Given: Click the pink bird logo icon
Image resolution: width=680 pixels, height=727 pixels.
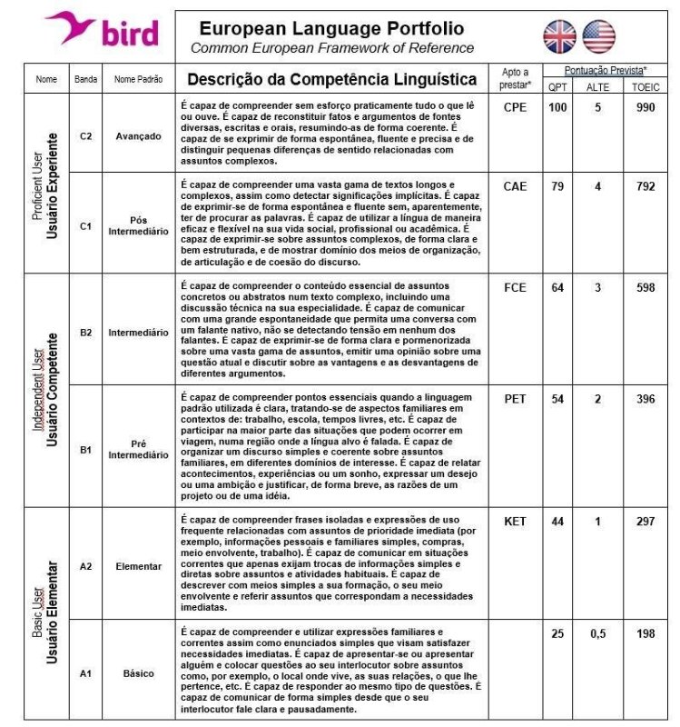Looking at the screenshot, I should coord(70,26).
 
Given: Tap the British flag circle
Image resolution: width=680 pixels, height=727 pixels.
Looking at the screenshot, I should coord(559,36).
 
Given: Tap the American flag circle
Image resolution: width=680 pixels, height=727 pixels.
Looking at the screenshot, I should coord(599,36).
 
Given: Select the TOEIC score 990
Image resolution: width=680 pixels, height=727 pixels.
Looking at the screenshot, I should coord(646,107).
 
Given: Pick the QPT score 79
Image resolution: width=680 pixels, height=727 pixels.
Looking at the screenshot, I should coord(557,186).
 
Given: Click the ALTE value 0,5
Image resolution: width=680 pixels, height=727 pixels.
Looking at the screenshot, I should coord(598,633).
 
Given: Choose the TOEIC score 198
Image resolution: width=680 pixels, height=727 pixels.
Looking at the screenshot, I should coord(646,633).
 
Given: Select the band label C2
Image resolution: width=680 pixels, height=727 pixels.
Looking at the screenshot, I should coord(85,136).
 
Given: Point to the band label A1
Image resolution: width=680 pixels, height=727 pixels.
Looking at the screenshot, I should coord(85,673).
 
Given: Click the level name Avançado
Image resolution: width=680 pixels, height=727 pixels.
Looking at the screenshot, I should coord(138,136).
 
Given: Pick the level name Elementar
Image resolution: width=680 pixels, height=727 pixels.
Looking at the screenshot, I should coord(138,566).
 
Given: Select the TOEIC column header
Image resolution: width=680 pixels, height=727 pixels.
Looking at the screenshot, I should coord(646,86).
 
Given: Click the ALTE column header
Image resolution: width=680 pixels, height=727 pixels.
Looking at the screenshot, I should coord(598,86).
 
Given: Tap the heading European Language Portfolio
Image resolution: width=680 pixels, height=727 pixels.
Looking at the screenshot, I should coord(331,29).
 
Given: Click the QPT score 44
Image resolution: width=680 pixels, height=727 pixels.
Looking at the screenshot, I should coord(557,522).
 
